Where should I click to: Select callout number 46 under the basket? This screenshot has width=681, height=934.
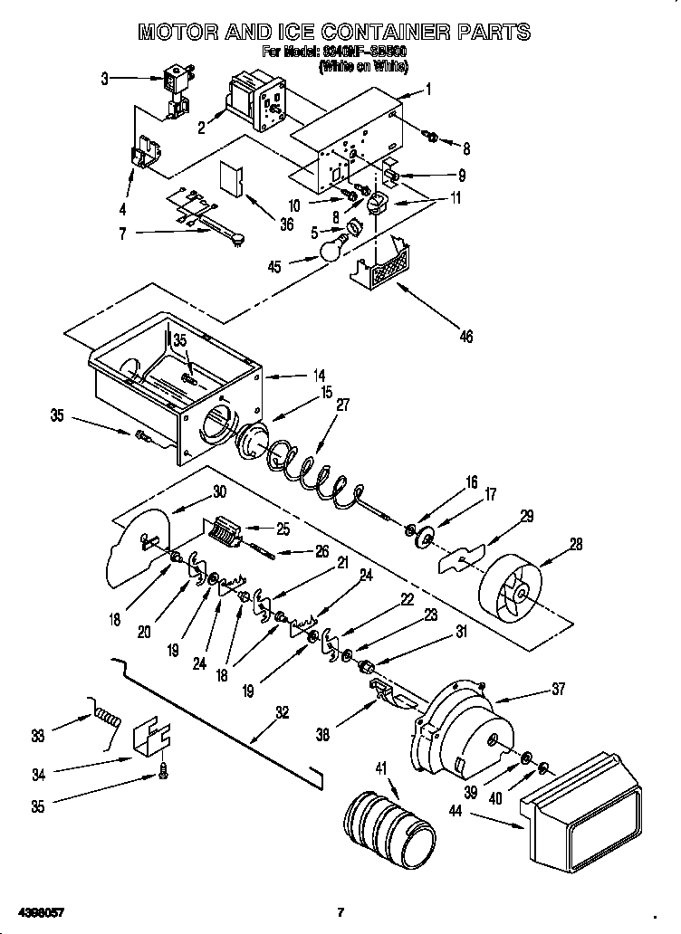tap(465, 337)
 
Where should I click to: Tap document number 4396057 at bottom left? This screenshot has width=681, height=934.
tap(39, 910)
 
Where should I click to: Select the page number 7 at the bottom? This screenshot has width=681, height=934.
tap(340, 910)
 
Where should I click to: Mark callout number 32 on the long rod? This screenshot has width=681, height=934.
tap(283, 712)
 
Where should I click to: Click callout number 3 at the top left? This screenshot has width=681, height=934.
tap(105, 79)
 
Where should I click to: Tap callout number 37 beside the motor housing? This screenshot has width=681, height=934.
tap(557, 690)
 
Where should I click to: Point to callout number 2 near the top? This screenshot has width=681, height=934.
tap(201, 128)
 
